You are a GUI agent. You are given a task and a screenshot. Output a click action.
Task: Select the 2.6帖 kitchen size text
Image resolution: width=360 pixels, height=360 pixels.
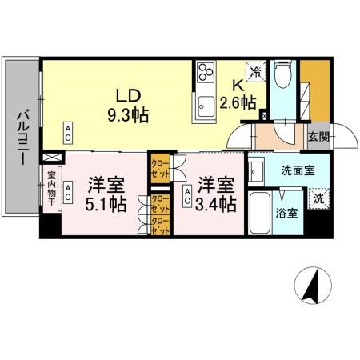pos(238,102)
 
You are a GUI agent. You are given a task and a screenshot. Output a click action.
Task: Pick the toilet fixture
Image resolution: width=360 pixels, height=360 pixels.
pos(282,75)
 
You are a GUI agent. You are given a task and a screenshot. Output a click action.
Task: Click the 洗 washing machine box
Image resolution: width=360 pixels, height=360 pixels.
pos(318,198)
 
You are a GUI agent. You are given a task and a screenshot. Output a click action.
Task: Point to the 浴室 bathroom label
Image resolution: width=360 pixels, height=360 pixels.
pos(288,214)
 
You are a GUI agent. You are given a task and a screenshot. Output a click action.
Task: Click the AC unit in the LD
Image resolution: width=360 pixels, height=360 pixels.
pos(69,130)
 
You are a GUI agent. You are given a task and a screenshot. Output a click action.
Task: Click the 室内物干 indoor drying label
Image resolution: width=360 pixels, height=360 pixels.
pos(50,189)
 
